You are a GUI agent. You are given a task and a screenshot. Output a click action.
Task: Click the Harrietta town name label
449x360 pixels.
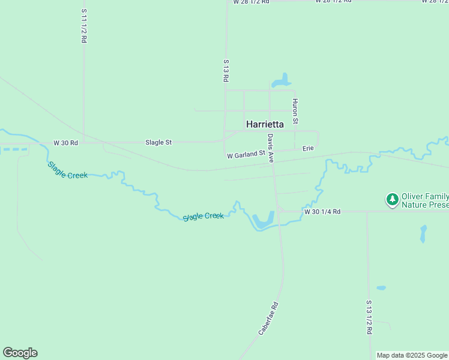pyautogui.click(x=265, y=124)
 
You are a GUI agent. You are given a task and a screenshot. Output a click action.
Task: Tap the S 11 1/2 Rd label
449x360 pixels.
pyautogui.click(x=84, y=25)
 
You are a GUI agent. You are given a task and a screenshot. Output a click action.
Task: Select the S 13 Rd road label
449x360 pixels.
pyautogui.click(x=226, y=71)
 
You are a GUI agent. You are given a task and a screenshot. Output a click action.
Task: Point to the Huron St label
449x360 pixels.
pyautogui.click(x=295, y=111)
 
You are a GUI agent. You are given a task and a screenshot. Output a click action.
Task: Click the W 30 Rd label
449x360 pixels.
pyautogui.click(x=65, y=143)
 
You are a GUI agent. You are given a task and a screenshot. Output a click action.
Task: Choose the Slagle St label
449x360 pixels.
pyautogui.click(x=158, y=142)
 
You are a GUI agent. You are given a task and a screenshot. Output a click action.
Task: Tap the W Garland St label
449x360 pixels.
pyautogui.click(x=246, y=155)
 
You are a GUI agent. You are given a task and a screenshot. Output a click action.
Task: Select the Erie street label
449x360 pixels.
pyautogui.click(x=308, y=148)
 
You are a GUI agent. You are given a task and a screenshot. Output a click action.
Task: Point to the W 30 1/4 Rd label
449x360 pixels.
pyautogui.click(x=322, y=212)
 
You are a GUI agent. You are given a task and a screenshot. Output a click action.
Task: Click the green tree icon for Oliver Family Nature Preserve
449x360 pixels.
pyautogui.click(x=392, y=199)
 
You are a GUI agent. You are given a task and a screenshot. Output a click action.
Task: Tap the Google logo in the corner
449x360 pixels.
pyautogui.click(x=20, y=353)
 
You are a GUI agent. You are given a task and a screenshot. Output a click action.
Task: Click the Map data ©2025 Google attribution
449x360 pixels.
pyautogui.click(x=412, y=355)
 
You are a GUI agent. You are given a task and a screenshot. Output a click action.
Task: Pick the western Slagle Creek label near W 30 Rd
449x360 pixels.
pyautogui.click(x=67, y=170)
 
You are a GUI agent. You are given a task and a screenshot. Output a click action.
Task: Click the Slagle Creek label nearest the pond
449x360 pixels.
pyautogui.click(x=203, y=216)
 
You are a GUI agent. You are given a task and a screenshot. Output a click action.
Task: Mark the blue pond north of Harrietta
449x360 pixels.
pyautogui.click(x=281, y=80)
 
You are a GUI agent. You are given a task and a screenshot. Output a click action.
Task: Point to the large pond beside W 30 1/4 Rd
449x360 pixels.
pyautogui.click(x=263, y=221)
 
